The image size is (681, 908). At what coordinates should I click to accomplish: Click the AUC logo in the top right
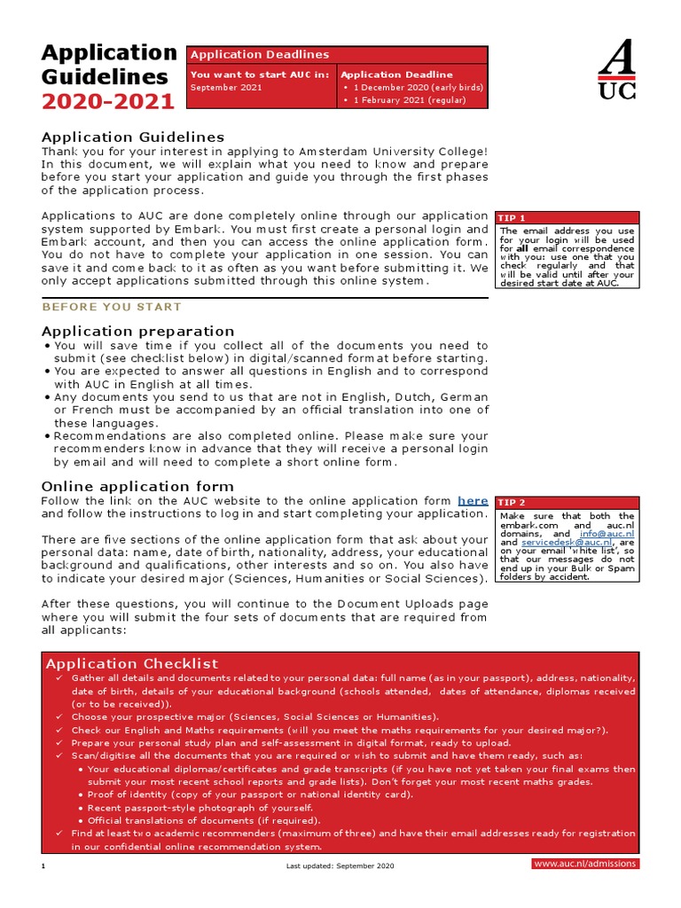pos(617,71)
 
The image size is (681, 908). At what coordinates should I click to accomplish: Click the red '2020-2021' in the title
pos(108,102)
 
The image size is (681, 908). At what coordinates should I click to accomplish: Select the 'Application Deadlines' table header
pos(260,55)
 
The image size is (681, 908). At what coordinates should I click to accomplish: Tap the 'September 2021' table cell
pos(226,88)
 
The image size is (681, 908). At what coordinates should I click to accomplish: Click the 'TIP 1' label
pos(513,218)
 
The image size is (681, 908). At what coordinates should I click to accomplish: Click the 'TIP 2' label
pos(513,503)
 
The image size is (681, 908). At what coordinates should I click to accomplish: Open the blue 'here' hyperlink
pos(473,501)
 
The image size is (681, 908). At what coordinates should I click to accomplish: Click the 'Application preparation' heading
pos(138,331)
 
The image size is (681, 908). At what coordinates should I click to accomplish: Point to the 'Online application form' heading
pos(138,486)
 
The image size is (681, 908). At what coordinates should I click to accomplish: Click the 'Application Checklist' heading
pos(131,663)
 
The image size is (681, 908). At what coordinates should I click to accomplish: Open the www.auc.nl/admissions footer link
pos(584,864)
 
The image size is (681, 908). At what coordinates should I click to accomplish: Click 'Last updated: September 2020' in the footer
pos(340,865)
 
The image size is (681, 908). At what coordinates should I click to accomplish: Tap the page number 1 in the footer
pos(43,865)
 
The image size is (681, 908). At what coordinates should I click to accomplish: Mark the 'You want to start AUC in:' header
pos(260,74)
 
